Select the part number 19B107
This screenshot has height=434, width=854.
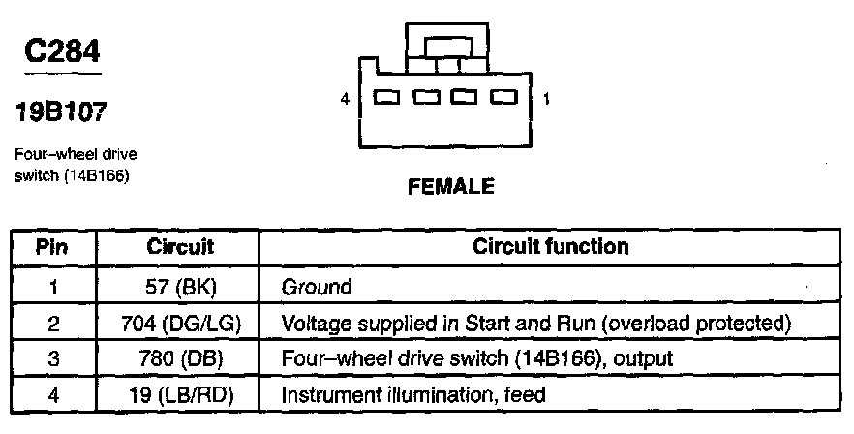click(x=60, y=113)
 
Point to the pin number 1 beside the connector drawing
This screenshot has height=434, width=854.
click(x=547, y=99)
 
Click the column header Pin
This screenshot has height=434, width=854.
click(x=51, y=247)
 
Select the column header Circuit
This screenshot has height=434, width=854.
click(x=180, y=247)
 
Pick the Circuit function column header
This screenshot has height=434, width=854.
click(x=550, y=247)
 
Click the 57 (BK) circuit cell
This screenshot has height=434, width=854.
click(x=180, y=287)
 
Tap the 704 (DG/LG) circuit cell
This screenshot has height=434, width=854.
click(x=180, y=323)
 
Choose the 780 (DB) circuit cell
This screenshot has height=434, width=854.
click(x=180, y=358)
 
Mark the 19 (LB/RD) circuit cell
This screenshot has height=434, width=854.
click(x=180, y=394)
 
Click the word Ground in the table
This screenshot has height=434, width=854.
click(x=316, y=287)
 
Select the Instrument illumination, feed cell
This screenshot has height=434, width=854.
click(x=413, y=394)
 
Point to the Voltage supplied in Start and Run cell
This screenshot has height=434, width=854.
click(x=536, y=323)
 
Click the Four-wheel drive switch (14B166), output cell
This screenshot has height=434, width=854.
click(x=476, y=358)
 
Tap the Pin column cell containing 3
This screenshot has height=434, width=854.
click(x=51, y=358)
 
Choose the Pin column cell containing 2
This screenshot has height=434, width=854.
click(x=51, y=323)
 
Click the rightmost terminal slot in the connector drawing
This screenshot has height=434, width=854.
click(x=503, y=98)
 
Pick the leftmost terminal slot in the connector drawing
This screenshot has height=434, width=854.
click(x=386, y=98)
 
